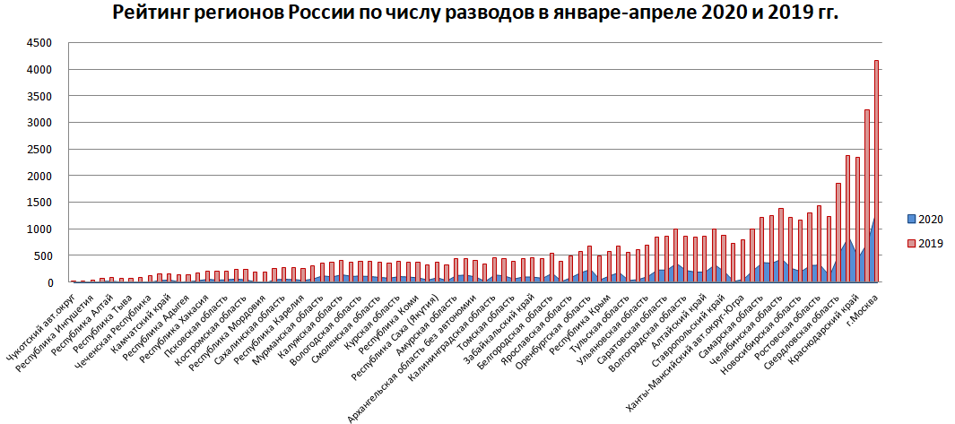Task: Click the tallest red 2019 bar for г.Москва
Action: (x=876, y=170)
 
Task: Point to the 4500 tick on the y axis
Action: (x=39, y=42)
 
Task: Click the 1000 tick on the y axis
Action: (x=39, y=229)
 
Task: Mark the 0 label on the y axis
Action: (x=49, y=282)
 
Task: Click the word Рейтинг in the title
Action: (x=152, y=14)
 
